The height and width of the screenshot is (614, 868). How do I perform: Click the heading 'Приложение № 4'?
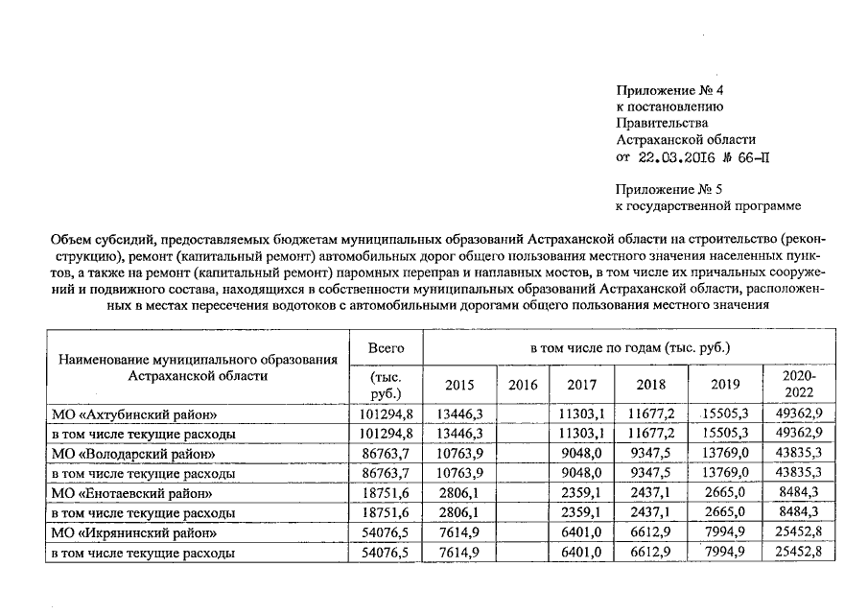(x=669, y=90)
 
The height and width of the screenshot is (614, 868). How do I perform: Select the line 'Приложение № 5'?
(x=669, y=189)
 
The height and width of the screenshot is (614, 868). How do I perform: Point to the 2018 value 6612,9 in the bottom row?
(x=653, y=553)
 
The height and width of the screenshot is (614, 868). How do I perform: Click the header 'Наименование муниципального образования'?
(x=199, y=360)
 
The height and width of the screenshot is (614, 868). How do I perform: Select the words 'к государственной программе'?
(x=707, y=205)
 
